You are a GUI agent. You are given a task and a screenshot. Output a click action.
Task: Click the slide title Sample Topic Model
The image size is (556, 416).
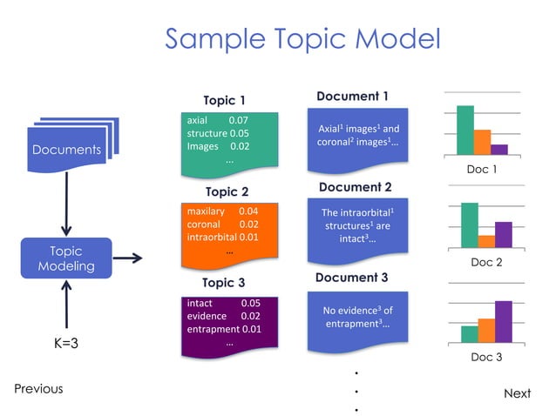[x=302, y=39]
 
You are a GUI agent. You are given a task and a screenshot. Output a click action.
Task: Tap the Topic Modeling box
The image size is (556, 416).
[x=66, y=258]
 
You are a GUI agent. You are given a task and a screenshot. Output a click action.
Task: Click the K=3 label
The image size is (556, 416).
[x=66, y=343]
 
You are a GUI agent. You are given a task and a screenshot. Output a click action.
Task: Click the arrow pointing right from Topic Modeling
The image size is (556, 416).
[x=128, y=258]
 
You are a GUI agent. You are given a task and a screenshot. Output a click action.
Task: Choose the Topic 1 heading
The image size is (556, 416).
[x=225, y=100]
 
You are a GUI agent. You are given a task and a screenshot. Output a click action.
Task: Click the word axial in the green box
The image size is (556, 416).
[x=198, y=118]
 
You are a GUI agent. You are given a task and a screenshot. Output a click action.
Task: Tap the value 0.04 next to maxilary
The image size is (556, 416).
[x=248, y=211]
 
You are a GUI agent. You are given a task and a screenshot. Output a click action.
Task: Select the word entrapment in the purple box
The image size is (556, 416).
[x=213, y=330]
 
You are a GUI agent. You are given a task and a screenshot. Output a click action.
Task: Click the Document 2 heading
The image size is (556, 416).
[x=355, y=187]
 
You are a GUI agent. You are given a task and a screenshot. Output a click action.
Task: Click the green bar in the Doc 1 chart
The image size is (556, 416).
[x=465, y=130]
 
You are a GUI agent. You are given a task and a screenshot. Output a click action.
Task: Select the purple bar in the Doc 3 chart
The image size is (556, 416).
[x=503, y=321]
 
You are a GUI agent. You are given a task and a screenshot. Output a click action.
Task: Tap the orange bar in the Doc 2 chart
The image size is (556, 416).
[x=486, y=241]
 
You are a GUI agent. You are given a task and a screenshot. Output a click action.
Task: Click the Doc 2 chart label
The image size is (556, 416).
[x=486, y=262]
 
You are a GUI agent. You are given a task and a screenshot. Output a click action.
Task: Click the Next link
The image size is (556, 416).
[x=517, y=393]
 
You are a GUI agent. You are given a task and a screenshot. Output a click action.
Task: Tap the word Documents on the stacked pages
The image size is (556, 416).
[x=66, y=150]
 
